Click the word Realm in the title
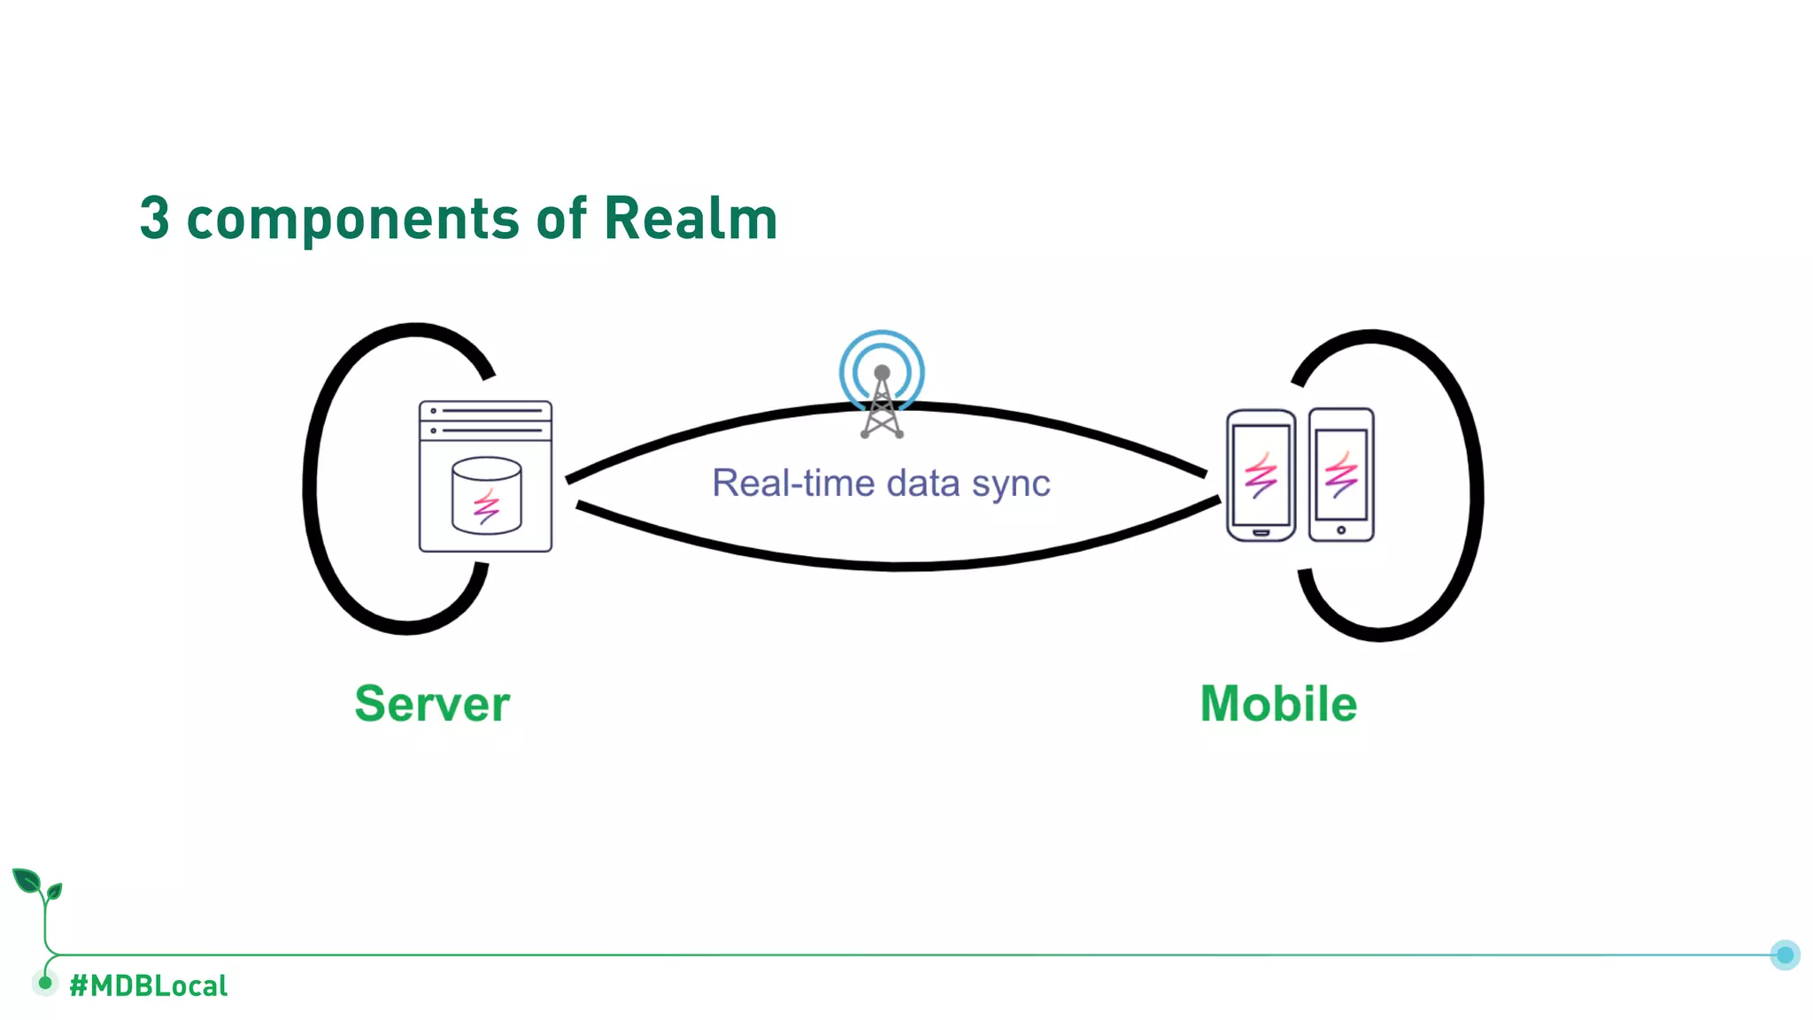(x=690, y=218)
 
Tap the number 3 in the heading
(x=154, y=218)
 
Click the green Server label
(x=432, y=704)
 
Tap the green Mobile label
(x=1278, y=704)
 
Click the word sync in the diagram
(x=1011, y=484)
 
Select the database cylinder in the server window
(x=486, y=495)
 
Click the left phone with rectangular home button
(x=1261, y=475)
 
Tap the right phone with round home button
(x=1341, y=475)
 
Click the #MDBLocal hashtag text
(x=148, y=985)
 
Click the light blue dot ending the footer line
(x=1785, y=954)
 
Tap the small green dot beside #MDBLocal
(x=45, y=982)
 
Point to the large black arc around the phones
(x=1476, y=487)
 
